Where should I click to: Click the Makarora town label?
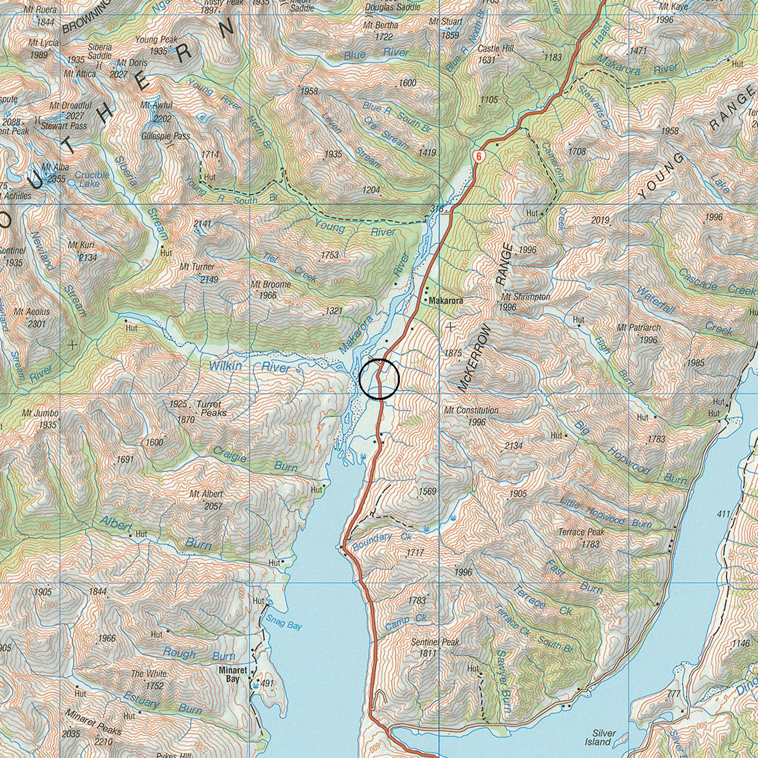(446, 300)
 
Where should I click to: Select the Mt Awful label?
(156, 105)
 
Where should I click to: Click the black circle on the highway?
(379, 379)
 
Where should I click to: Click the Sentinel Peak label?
(435, 642)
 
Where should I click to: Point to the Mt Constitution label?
(471, 410)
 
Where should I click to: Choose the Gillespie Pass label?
(165, 136)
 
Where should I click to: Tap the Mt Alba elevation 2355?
(56, 179)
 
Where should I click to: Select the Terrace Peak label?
(581, 532)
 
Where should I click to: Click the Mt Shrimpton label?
(526, 297)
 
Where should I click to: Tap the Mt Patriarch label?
(639, 328)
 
